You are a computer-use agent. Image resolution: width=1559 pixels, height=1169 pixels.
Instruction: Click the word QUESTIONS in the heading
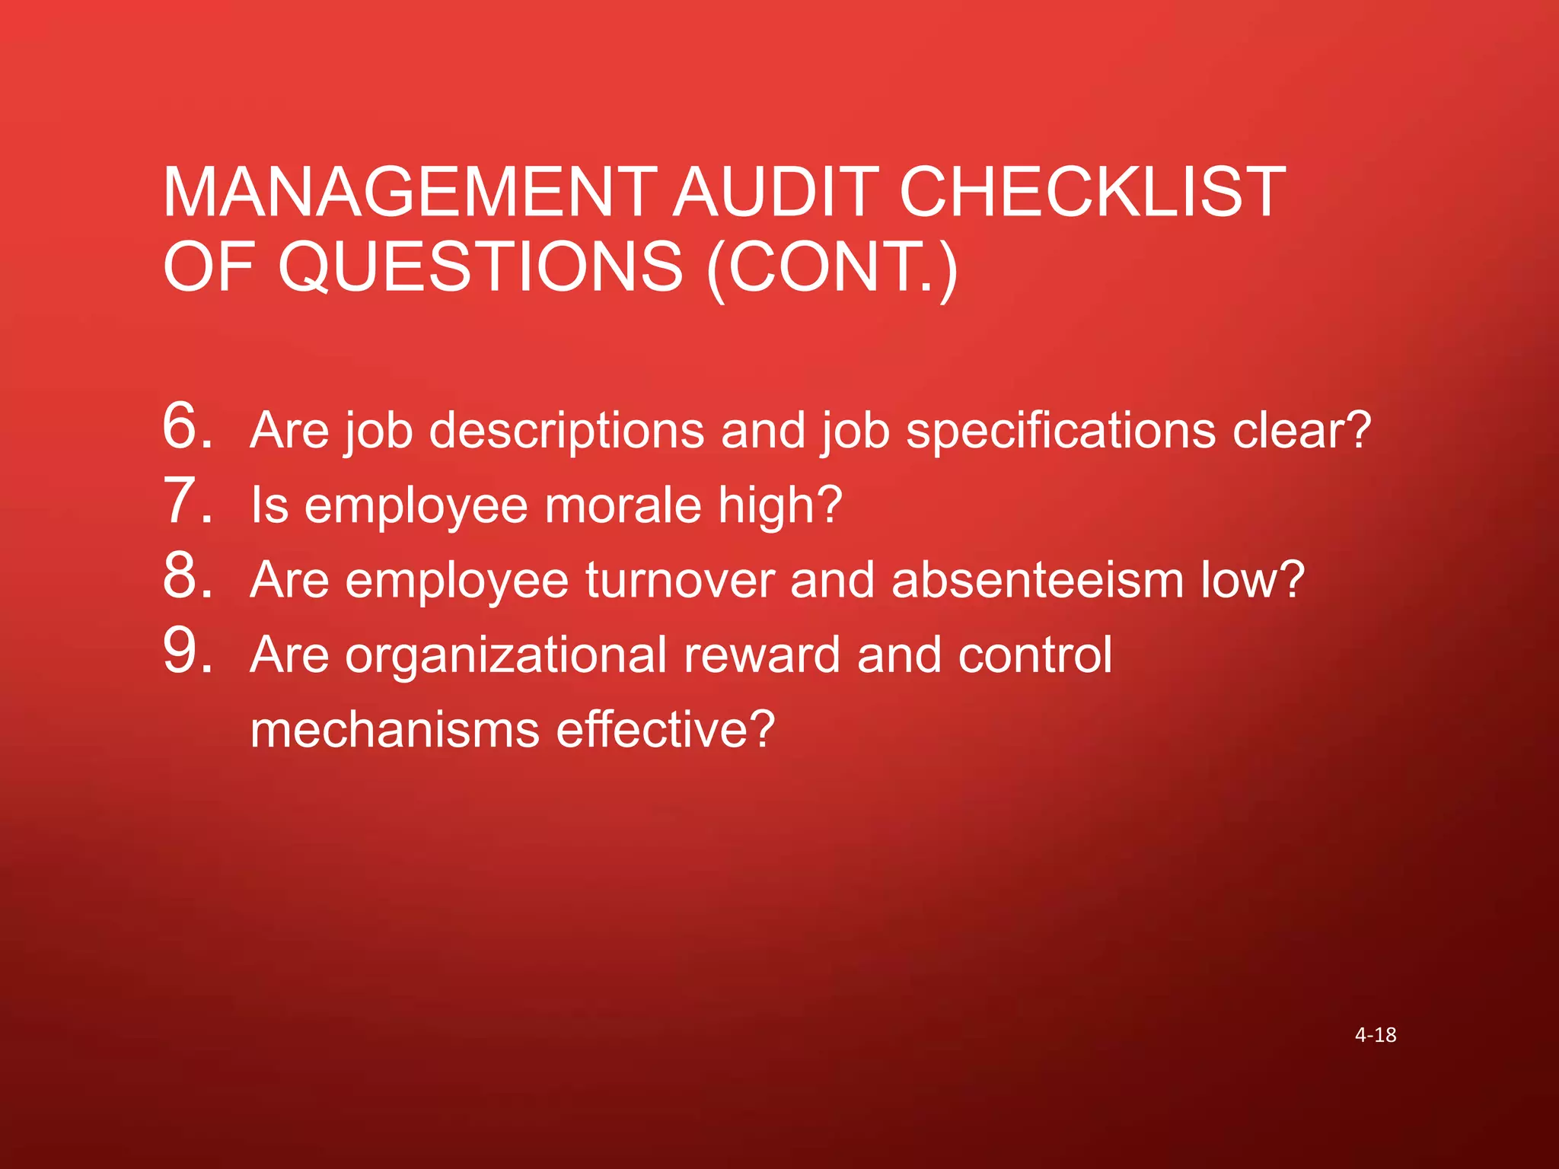(480, 266)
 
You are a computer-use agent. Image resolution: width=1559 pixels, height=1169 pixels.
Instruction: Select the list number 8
(187, 575)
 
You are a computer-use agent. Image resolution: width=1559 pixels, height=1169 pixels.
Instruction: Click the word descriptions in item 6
(566, 431)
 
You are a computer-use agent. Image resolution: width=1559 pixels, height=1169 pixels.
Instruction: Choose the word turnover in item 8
(679, 580)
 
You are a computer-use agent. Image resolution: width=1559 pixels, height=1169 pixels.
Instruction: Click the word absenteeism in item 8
(1037, 580)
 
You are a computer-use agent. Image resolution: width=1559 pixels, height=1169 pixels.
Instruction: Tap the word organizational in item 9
(506, 655)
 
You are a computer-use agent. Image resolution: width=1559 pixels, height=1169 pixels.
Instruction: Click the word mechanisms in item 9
(394, 730)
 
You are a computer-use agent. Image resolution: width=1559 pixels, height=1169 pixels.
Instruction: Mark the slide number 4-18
(1376, 1035)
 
